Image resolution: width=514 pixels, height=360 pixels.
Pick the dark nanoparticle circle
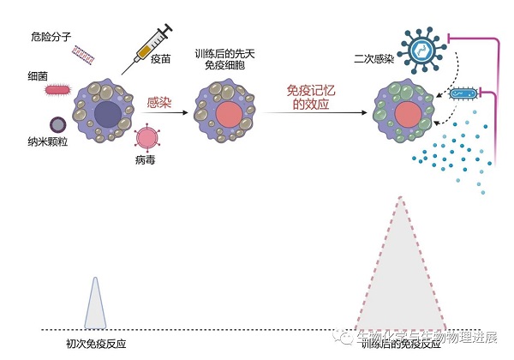click(57, 124)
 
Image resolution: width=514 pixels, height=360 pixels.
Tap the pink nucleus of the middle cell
click(229, 112)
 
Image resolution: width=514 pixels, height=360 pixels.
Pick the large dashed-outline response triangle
click(400, 274)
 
